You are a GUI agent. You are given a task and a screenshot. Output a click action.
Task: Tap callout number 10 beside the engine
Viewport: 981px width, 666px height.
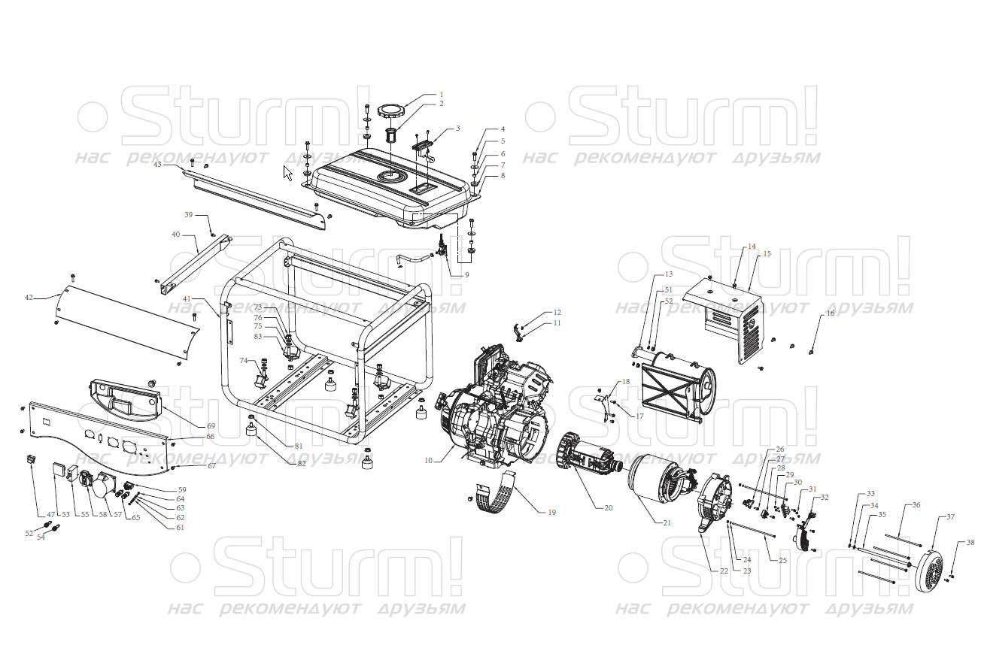[x=429, y=460]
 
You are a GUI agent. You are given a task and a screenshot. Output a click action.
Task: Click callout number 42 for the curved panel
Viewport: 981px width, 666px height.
[x=29, y=298]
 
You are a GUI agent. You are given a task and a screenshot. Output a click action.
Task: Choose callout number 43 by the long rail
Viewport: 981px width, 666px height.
[x=157, y=164]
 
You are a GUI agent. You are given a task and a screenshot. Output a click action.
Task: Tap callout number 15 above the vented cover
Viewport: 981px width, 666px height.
[x=767, y=254]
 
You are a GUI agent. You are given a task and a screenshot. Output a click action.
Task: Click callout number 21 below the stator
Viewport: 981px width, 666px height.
[x=667, y=522]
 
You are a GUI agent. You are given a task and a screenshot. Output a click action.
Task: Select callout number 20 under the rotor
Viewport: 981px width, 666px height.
[x=608, y=508]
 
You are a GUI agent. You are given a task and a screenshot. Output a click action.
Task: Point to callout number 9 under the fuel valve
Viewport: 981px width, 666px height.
[x=466, y=275]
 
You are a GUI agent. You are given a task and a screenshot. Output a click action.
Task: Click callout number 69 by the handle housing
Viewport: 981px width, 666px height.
[x=211, y=426]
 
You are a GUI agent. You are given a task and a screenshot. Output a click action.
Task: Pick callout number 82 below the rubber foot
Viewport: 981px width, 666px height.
[x=302, y=464]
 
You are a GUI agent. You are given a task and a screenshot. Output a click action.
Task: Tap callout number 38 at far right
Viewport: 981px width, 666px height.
[x=970, y=543]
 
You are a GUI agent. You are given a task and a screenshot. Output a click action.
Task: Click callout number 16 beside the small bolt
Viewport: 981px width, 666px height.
[x=831, y=313]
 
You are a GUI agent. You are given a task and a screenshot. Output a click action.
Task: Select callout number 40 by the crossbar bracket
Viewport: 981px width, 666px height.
[x=176, y=235]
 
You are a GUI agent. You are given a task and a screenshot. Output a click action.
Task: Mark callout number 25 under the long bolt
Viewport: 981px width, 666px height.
[x=783, y=560]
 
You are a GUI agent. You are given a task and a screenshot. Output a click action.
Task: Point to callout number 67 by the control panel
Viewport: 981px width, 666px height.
[x=212, y=466]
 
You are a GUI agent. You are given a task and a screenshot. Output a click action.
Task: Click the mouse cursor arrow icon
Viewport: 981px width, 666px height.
[x=287, y=173]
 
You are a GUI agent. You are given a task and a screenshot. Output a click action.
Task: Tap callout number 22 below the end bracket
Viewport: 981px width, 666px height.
[x=724, y=571]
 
